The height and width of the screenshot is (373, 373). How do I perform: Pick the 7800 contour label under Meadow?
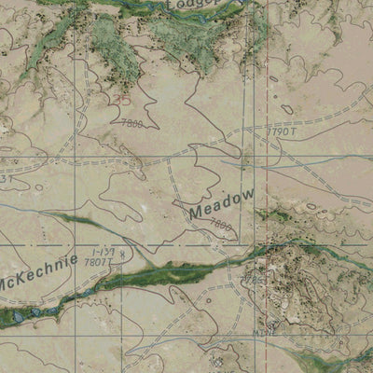pos(221,225)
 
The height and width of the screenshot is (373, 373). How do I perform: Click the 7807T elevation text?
pos(95,264)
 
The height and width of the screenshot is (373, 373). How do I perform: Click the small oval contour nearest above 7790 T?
pos(286,110)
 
